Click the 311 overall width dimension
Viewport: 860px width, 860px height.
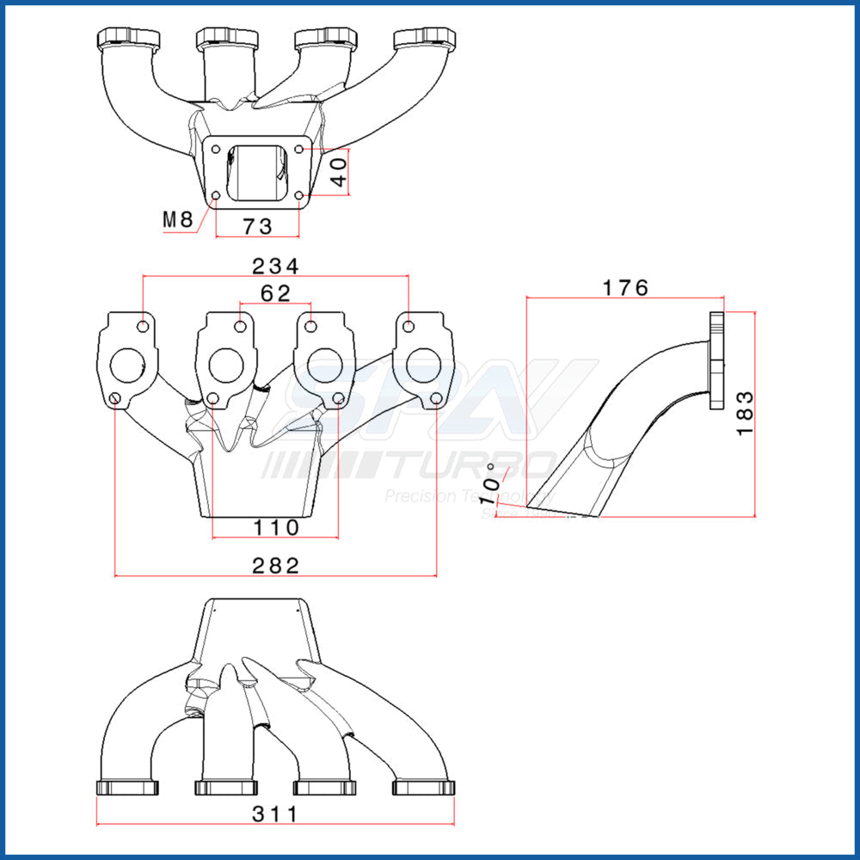click(x=275, y=814)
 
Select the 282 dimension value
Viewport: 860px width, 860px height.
click(x=275, y=565)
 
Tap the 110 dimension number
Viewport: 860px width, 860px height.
click(x=275, y=526)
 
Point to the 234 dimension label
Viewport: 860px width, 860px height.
click(x=275, y=266)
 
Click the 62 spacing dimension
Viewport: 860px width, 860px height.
click(x=275, y=293)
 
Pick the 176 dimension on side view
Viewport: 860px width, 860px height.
click(x=625, y=288)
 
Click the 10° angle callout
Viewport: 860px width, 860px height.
click(x=492, y=488)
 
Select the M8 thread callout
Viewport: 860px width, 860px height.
click(x=179, y=220)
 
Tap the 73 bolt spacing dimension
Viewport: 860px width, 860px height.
click(x=256, y=226)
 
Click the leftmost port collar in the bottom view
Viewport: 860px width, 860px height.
click(x=128, y=788)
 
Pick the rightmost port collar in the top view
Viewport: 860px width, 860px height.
click(x=424, y=39)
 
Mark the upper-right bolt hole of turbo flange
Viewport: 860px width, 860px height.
click(x=298, y=149)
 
